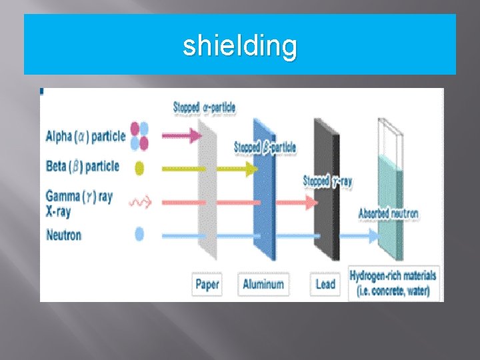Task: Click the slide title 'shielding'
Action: (240, 46)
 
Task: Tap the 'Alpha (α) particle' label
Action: (85, 137)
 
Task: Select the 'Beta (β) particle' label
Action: (83, 166)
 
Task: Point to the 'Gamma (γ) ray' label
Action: (79, 196)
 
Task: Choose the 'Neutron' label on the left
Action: (64, 235)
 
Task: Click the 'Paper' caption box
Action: (207, 285)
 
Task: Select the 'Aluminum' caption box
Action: (263, 285)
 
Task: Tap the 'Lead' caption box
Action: (325, 285)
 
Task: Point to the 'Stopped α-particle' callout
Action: (204, 107)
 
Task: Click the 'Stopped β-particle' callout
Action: (265, 147)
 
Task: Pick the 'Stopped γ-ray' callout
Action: (328, 181)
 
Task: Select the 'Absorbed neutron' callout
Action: (389, 214)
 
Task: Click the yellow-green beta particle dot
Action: (139, 168)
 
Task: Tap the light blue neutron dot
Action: (139, 234)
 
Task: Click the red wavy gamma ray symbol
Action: (140, 201)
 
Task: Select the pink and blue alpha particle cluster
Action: (139, 136)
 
